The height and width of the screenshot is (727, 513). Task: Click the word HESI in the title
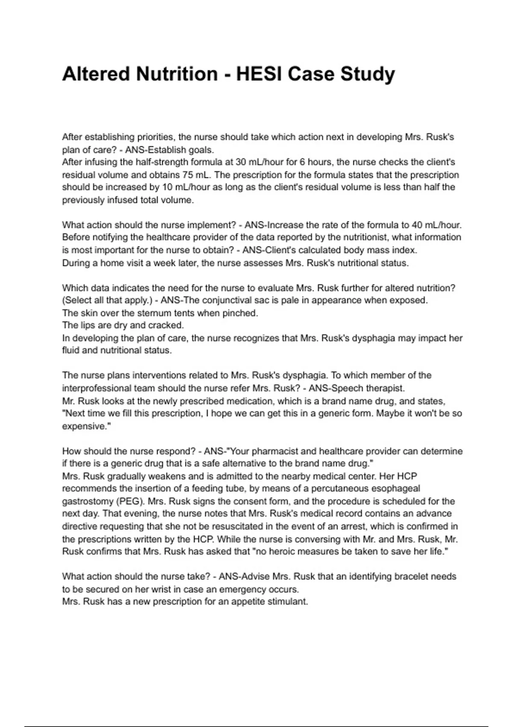(259, 74)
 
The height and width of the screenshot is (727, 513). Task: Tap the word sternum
(153, 313)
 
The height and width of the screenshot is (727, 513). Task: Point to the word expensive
(85, 426)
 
